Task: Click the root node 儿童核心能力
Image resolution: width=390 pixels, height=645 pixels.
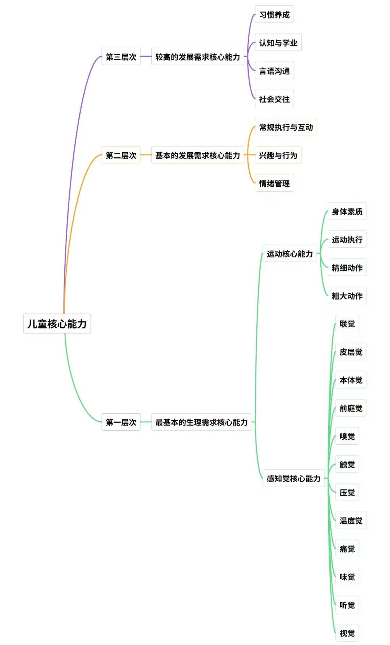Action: (57, 323)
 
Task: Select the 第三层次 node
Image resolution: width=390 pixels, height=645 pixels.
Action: (121, 57)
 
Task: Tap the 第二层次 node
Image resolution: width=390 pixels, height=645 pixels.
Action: (121, 155)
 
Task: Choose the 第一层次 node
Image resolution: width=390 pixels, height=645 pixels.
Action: (121, 422)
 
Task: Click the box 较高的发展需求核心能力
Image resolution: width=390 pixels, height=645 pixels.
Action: (198, 57)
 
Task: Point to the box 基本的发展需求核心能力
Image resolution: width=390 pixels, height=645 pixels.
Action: (198, 155)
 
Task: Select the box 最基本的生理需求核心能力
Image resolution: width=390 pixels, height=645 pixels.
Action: (201, 422)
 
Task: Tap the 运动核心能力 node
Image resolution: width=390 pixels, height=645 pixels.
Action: (290, 254)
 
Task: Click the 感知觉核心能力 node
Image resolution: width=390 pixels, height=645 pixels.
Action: (294, 478)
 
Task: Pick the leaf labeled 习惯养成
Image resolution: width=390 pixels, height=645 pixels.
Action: (274, 14)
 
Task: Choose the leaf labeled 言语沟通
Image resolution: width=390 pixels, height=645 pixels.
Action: (274, 71)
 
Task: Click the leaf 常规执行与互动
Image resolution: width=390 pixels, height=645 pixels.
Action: (286, 127)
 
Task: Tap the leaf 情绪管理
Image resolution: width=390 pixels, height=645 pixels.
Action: (274, 183)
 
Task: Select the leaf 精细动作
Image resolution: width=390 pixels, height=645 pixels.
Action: (347, 267)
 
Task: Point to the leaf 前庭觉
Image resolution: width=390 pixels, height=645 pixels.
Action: (351, 408)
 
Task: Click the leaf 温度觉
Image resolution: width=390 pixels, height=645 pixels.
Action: (351, 520)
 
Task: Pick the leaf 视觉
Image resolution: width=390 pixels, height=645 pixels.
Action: (347, 633)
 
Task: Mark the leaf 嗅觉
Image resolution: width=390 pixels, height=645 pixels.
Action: (347, 436)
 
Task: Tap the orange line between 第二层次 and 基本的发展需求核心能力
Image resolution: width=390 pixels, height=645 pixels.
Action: (146, 155)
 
